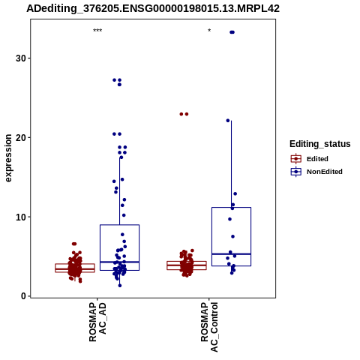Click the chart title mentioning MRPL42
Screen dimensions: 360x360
153,9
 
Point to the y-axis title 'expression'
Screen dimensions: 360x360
8,158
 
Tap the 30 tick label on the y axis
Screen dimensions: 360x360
21,58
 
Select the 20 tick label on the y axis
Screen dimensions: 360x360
21,137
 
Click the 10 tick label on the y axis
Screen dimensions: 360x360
21,217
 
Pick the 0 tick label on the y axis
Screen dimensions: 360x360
24,296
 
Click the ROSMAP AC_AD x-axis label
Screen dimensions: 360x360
97,322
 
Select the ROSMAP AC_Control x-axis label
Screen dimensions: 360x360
209,327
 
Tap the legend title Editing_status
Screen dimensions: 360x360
320,144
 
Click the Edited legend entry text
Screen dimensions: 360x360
317,159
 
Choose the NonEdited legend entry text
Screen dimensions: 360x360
325,172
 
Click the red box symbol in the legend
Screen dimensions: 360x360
296,159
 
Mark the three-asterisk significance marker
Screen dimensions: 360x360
97,31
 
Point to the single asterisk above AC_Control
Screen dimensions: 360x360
209,31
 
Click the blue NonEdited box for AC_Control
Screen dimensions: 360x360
231,208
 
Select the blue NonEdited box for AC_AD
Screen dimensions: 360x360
119,225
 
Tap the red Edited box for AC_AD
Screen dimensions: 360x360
75,264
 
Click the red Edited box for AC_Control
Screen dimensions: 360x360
187,262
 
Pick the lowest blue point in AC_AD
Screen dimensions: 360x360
120,286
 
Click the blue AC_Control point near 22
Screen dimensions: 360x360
228,121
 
